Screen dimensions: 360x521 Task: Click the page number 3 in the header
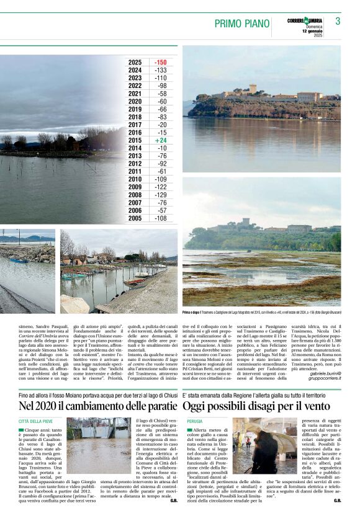(338, 21)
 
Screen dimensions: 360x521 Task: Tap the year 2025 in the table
(135, 63)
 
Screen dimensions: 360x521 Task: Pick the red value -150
(160, 63)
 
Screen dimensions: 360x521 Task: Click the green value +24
(161, 140)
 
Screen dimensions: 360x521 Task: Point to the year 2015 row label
(135, 140)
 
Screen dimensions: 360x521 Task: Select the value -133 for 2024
(160, 71)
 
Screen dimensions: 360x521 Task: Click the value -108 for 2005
(160, 218)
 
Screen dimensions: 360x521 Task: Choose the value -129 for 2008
(160, 195)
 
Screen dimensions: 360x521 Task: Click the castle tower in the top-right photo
(253, 89)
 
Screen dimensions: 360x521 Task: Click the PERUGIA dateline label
(194, 421)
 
